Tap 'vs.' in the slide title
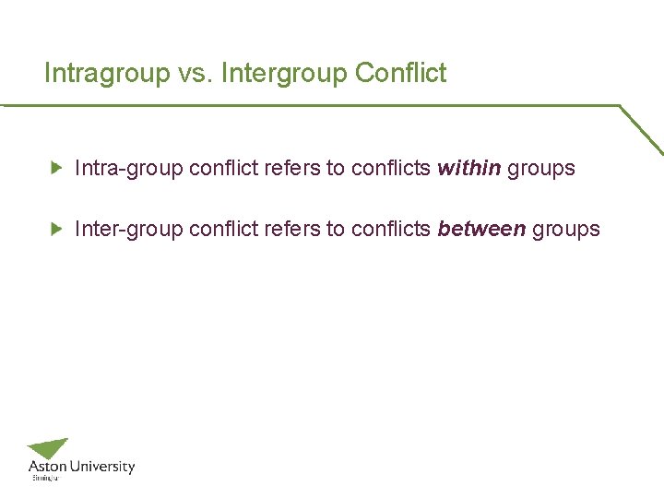pos(194,74)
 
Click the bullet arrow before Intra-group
pos(56,168)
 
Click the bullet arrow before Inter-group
pos(56,229)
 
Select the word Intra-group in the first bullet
pos(128,169)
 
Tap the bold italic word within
pos(468,169)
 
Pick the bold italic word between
pos(481,230)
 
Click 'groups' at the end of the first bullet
pos(541,169)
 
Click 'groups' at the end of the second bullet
pos(566,230)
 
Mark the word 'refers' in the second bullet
pos(292,230)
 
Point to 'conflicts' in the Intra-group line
pos(390,169)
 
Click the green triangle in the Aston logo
pos(50,448)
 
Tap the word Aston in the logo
pos(46,467)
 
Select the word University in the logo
pos(101,467)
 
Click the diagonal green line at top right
pos(641,129)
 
